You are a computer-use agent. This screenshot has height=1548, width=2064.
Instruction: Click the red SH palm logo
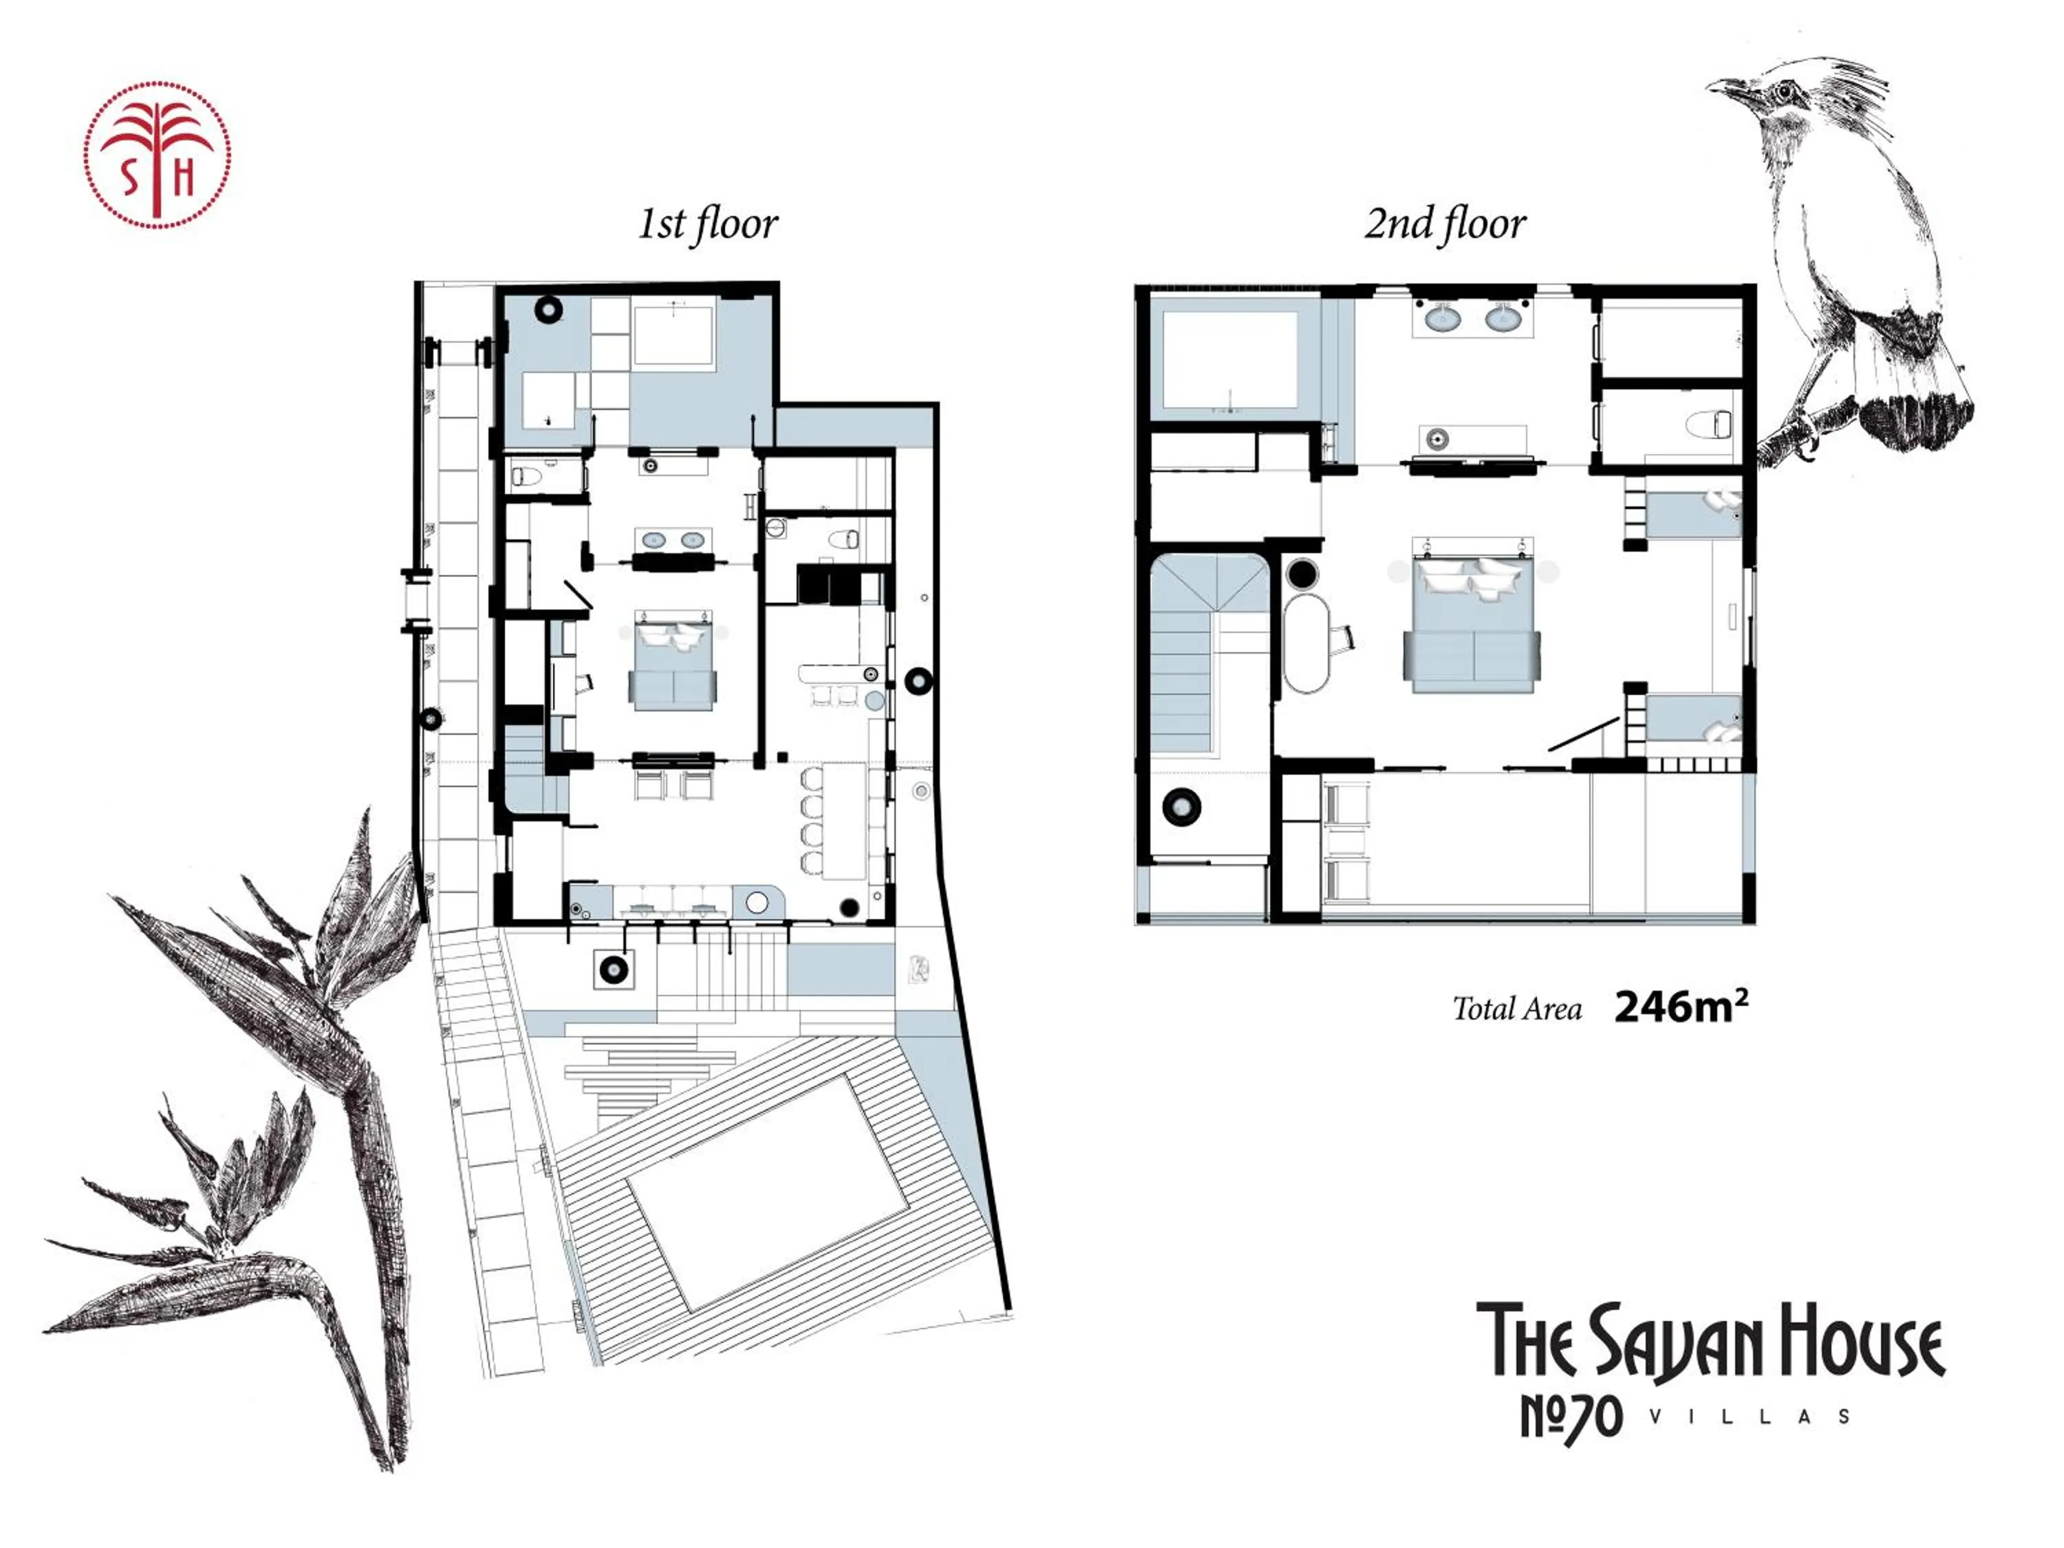[x=157, y=154]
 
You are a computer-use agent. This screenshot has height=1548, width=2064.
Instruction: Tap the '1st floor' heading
[x=707, y=224]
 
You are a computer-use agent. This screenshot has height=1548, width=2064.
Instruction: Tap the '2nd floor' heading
[x=1444, y=224]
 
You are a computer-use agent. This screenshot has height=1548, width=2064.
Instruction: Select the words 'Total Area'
[x=1516, y=1009]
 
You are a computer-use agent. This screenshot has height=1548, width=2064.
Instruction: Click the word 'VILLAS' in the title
[x=1750, y=1417]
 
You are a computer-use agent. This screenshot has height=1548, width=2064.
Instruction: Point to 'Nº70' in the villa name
[x=1571, y=1417]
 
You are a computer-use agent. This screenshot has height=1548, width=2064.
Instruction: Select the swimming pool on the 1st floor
[x=767, y=1192]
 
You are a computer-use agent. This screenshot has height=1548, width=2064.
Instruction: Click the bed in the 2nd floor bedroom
[x=1472, y=625]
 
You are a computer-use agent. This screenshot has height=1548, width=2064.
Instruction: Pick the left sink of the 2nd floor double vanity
[x=1444, y=320]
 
